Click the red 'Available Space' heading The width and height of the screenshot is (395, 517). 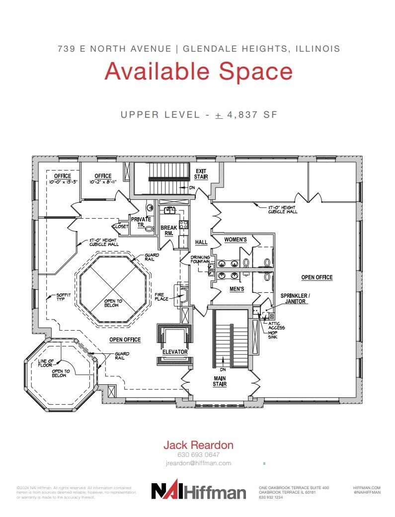[198, 71]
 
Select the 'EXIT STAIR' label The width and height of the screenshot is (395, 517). [201, 173]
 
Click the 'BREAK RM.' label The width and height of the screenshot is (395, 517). [169, 231]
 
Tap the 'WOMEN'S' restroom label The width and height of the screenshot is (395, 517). [235, 240]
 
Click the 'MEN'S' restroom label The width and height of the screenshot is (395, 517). [236, 289]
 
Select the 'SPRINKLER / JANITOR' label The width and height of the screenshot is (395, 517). [295, 298]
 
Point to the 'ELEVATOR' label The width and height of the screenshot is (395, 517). [174, 352]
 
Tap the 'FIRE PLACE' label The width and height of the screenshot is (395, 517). [161, 296]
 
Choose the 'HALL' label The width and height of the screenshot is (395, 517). [201, 242]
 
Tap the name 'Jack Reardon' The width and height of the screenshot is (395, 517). [198, 445]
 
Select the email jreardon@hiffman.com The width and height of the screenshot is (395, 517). [198, 463]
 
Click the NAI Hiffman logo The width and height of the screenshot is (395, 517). [198, 491]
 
